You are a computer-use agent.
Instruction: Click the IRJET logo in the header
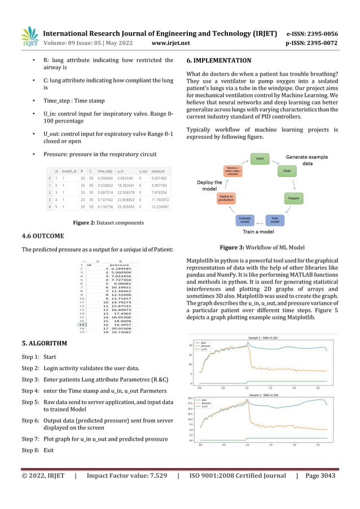coord(29,37)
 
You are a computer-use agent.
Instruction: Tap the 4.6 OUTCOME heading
coord(43,236)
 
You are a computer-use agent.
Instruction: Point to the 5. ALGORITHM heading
coord(44,327)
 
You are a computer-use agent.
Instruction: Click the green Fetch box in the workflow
coord(260,158)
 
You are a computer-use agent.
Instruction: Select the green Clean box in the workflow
coord(286,169)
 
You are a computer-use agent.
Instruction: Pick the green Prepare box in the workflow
coord(293,199)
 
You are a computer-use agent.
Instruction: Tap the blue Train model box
coord(275,220)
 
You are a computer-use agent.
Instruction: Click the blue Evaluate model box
coord(245,220)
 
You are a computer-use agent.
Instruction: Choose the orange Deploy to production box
coord(226,199)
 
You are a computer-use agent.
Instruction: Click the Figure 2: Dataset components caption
coord(98,222)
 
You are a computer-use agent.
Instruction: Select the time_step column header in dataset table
coord(104,170)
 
